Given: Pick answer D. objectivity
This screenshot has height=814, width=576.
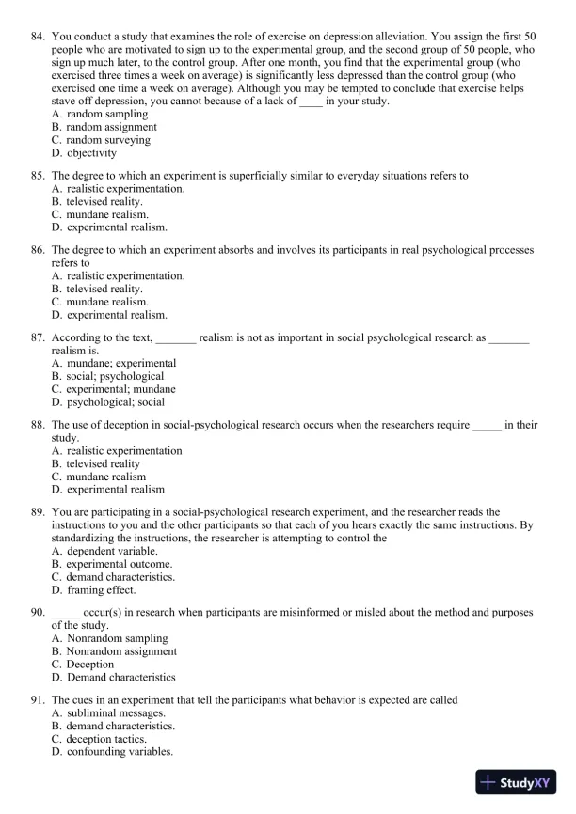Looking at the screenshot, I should [x=85, y=152].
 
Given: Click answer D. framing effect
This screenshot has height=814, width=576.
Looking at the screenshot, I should [x=94, y=589].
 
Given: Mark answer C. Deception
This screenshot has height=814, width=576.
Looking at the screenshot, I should [x=83, y=664].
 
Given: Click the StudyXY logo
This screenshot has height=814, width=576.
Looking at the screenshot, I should [x=518, y=782].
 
